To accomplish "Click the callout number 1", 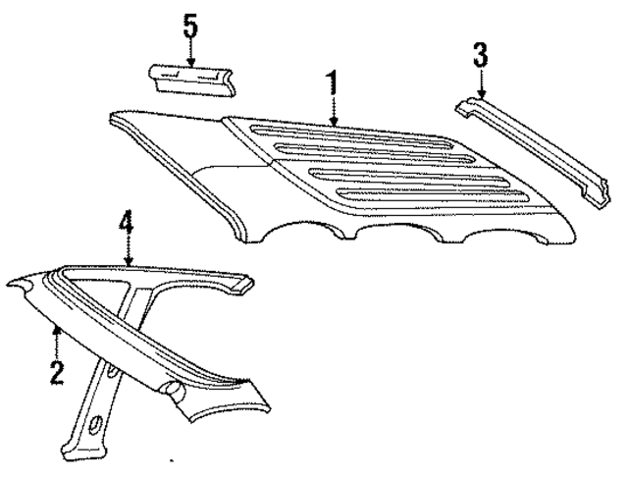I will (x=335, y=81).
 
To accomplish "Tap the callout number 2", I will (x=57, y=370).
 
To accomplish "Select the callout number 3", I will (x=479, y=54).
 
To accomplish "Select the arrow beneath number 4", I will (x=126, y=252).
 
